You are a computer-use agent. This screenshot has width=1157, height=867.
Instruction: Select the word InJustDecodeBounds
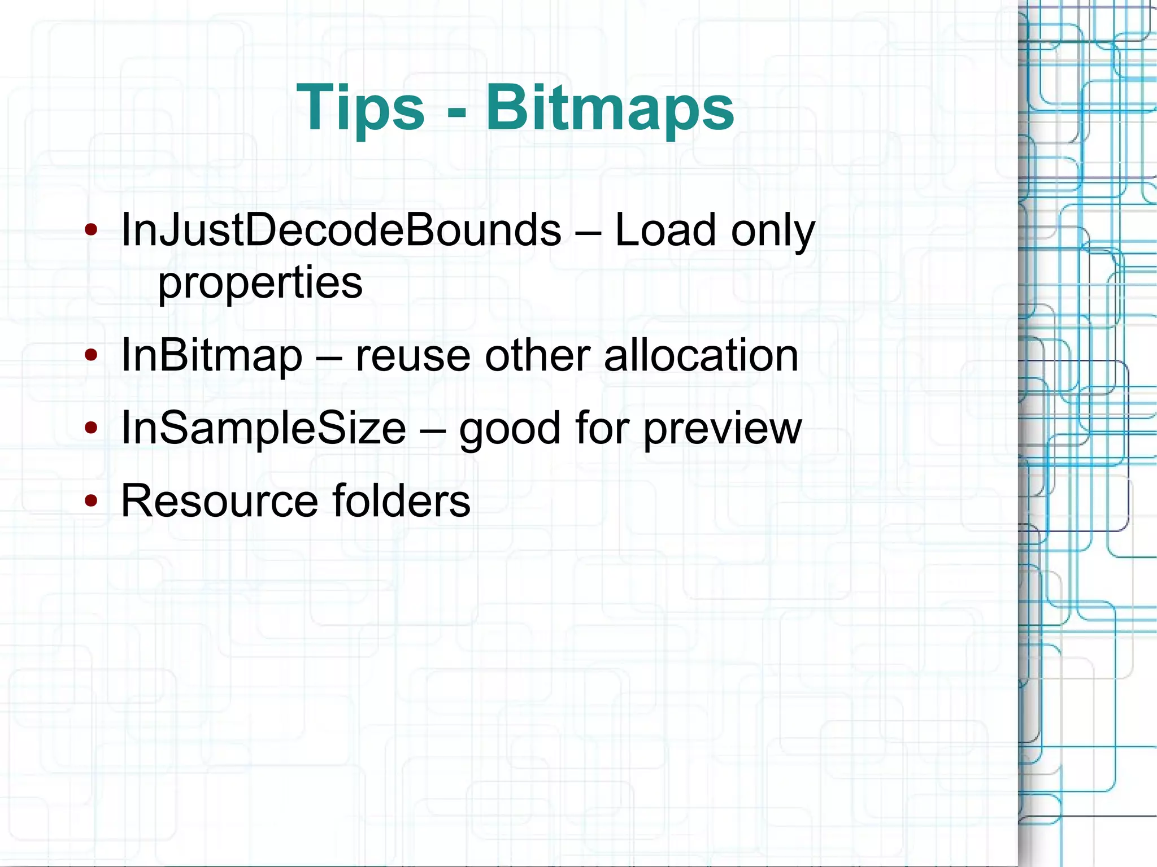point(341,230)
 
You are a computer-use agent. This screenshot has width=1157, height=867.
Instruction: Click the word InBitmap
point(212,356)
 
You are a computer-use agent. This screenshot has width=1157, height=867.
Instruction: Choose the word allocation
point(701,356)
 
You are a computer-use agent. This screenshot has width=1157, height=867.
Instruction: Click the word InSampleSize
point(264,428)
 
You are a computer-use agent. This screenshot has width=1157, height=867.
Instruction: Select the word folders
point(401,500)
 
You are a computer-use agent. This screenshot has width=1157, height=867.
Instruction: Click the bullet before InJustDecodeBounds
point(91,230)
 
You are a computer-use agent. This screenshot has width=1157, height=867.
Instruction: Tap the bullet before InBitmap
point(91,356)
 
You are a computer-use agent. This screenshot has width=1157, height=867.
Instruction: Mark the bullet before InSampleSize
point(91,428)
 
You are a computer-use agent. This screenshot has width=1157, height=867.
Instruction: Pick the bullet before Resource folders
point(91,500)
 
